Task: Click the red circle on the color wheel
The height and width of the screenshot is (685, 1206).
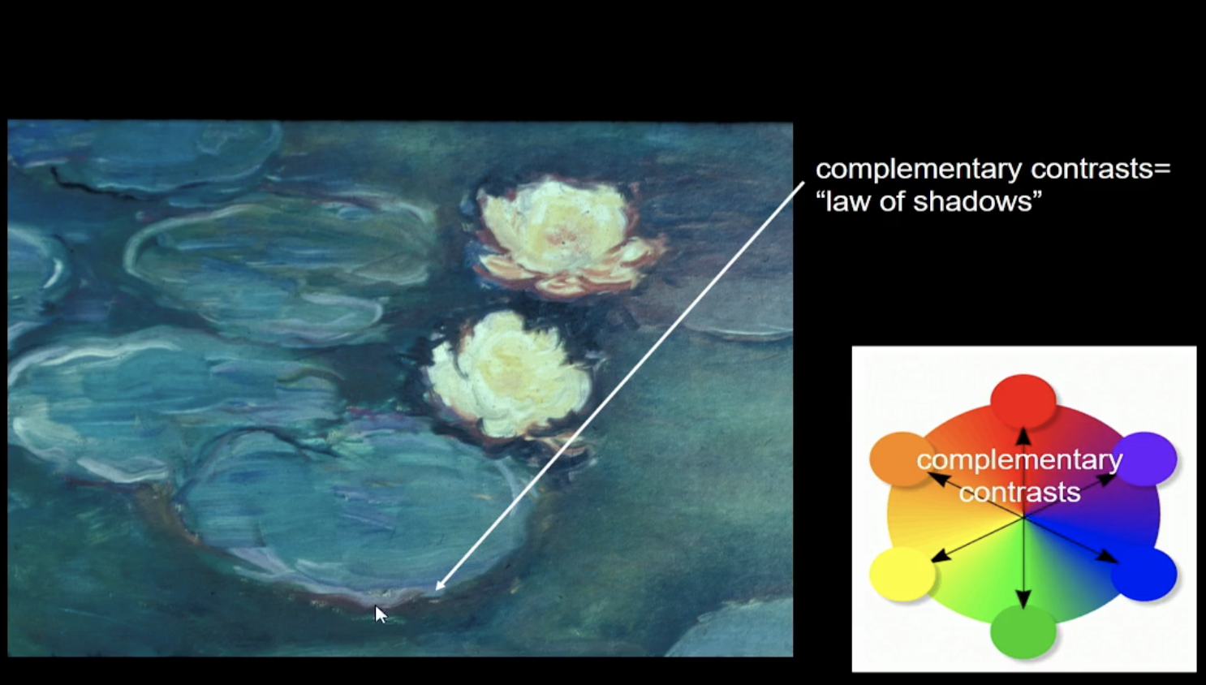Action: pos(1023,402)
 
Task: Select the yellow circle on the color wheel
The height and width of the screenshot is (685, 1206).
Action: pos(902,574)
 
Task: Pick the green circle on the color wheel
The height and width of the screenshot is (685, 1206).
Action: pos(1023,631)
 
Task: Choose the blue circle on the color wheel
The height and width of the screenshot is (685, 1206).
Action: pos(1144,573)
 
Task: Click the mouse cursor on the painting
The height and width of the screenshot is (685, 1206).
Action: pos(381,614)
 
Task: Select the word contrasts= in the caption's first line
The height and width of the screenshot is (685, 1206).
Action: pos(1101,169)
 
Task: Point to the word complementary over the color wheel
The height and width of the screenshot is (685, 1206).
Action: pos(1019,461)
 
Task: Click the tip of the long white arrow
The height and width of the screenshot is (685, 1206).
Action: pos(435,591)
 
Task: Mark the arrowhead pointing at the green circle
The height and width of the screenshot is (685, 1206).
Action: pos(1023,599)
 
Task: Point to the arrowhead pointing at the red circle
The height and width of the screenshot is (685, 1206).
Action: pos(1023,436)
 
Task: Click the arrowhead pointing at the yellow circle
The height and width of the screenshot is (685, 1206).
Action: pos(940,557)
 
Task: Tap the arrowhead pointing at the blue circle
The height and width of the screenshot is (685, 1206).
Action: pos(1108,557)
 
